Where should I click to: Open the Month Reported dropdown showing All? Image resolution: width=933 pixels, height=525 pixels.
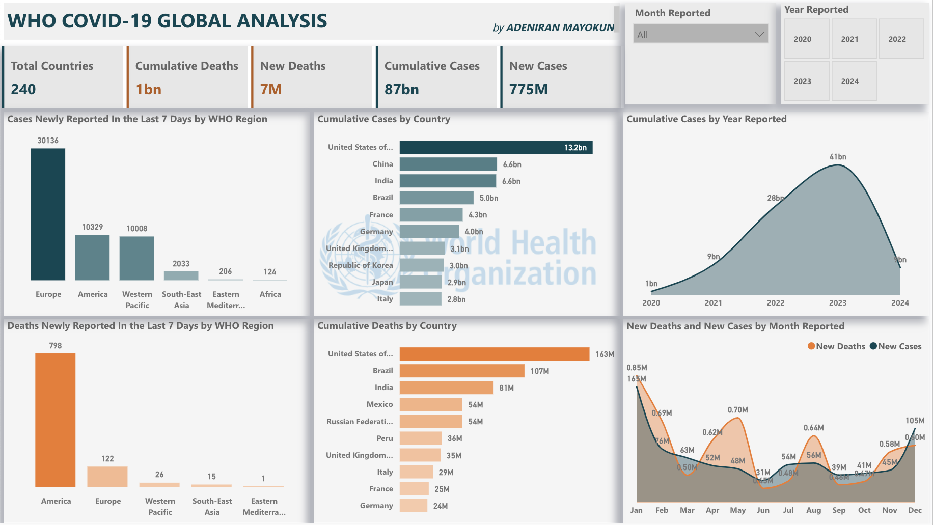(x=700, y=35)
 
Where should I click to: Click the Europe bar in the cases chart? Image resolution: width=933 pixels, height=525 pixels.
(x=48, y=214)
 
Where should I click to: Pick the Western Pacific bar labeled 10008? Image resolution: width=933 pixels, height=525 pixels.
(x=136, y=258)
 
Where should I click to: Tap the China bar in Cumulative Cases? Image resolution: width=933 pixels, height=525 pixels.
(x=448, y=164)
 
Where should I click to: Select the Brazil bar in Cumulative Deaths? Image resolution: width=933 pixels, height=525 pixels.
(x=461, y=371)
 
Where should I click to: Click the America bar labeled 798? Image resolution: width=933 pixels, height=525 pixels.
(x=55, y=420)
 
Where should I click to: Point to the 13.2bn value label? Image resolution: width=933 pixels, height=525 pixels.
(x=575, y=148)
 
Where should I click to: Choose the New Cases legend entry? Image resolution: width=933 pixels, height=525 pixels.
(x=896, y=346)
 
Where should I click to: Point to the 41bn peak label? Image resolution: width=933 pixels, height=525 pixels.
(x=837, y=157)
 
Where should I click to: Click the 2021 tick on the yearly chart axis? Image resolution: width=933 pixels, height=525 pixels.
(x=713, y=303)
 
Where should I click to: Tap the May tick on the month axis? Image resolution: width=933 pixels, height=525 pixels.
(x=737, y=510)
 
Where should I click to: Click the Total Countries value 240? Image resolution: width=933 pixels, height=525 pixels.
(x=23, y=90)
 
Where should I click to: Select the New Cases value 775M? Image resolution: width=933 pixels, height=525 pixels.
(x=528, y=90)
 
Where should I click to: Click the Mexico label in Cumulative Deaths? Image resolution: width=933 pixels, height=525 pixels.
(x=379, y=404)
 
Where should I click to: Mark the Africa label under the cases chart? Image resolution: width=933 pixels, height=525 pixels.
(x=270, y=294)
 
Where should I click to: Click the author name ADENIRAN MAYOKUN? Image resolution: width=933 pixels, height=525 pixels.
(x=560, y=27)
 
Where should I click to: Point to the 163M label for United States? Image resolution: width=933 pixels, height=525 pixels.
(x=605, y=354)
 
